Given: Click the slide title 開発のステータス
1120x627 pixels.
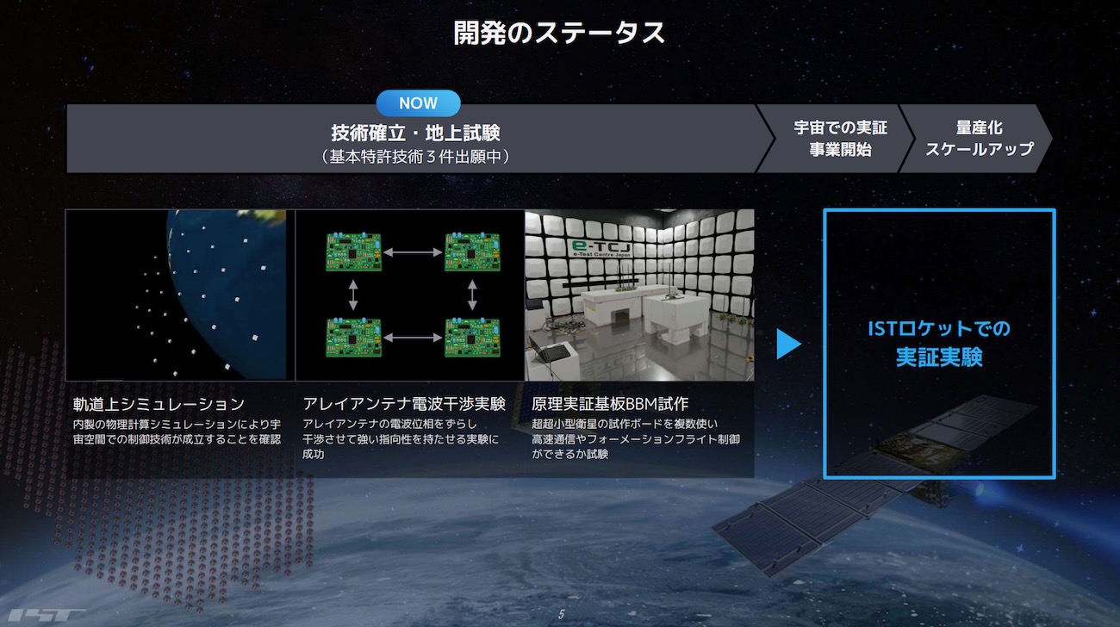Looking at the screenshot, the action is coord(559,33).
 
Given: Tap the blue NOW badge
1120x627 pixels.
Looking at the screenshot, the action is coord(418,103).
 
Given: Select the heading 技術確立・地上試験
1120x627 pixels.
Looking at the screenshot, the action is coord(415,133).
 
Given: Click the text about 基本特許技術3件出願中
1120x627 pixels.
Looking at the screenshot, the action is coord(415,157).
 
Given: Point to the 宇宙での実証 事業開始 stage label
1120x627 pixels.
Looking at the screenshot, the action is coord(841,138).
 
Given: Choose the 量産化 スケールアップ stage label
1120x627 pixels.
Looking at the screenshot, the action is coord(979,138).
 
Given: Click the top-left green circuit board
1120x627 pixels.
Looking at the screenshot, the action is coord(353,251).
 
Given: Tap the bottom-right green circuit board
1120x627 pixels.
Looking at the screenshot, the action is coord(472,337).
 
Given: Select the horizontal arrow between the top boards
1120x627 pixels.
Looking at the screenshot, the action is coord(413,252).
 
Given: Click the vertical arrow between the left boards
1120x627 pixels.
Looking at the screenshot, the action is coord(353,295).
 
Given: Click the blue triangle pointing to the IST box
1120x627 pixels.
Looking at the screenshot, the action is coord(788,344).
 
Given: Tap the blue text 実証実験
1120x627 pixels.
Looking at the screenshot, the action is coord(939,357).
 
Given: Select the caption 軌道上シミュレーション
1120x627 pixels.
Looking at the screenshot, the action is coord(159,404).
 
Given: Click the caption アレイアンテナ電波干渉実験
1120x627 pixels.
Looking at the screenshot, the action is coord(403,403).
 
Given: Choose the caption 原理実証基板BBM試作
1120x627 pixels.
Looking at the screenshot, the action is coord(610,403).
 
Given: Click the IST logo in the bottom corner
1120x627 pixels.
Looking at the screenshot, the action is coord(47,615).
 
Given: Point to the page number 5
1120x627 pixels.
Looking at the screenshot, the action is coord(561,614).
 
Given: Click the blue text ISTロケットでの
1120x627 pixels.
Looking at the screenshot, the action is coord(939,328).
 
